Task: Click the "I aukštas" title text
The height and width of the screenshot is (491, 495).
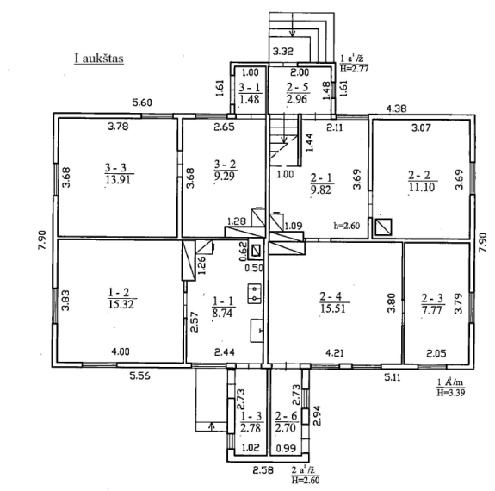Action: click(99, 58)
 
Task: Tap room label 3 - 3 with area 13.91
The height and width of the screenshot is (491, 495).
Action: click(119, 173)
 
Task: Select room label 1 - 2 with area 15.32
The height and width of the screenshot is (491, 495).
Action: click(121, 298)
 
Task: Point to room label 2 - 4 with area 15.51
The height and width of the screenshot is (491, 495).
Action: click(333, 302)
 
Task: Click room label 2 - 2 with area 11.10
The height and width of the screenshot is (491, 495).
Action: click(422, 181)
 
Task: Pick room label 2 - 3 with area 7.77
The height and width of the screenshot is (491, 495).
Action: click(432, 304)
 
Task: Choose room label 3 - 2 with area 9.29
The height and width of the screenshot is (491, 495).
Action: click(225, 170)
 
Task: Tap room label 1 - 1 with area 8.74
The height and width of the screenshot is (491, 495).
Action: click(223, 307)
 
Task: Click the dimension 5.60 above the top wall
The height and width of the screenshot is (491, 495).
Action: click(142, 103)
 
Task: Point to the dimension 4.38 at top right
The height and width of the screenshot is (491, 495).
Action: click(397, 109)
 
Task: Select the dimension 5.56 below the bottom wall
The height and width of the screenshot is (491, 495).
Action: click(139, 376)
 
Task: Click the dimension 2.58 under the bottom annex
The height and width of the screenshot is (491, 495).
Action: click(263, 470)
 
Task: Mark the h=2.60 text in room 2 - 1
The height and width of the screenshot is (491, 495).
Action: click(347, 226)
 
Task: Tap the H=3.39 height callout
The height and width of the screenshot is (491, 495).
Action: click(451, 393)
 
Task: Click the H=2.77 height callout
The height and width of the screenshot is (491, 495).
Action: click(354, 68)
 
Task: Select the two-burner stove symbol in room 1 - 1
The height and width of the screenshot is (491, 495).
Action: click(254, 294)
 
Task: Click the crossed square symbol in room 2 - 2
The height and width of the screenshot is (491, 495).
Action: click(384, 227)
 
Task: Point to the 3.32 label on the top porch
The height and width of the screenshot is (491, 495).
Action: click(283, 51)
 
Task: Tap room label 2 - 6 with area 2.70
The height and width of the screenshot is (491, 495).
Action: click(286, 422)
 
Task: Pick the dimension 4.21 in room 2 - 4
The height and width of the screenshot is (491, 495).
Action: click(335, 352)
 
